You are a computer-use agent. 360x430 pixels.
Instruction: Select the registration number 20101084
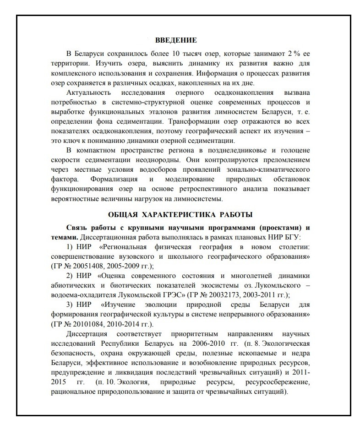(90, 325)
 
